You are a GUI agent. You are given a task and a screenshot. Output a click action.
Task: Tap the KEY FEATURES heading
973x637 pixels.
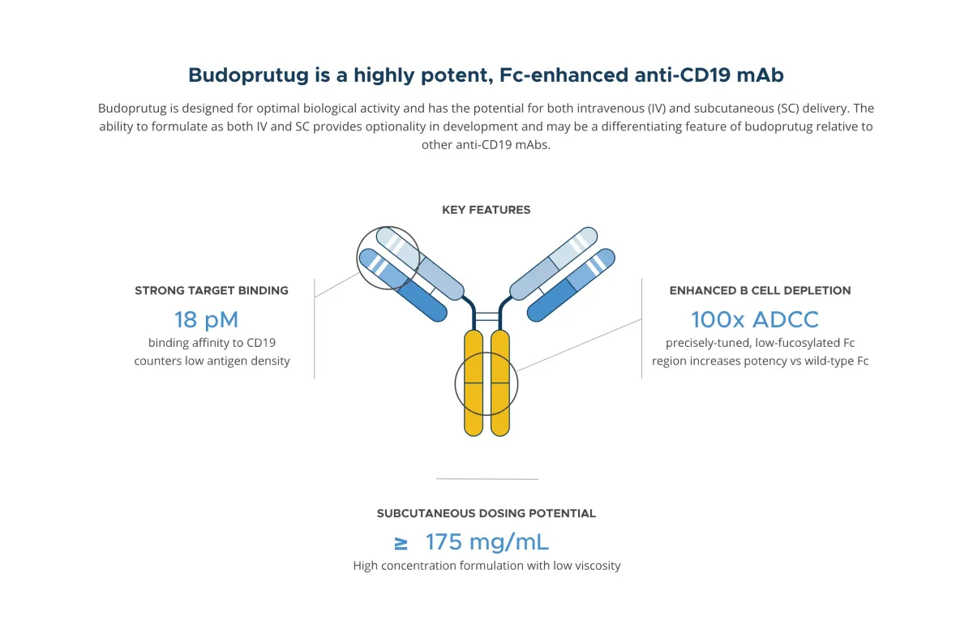pyautogui.click(x=486, y=210)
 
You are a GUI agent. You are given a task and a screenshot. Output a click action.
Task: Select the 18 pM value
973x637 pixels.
pyautogui.click(x=206, y=318)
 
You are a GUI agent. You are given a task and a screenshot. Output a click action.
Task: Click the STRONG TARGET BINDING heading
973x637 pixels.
pyautogui.click(x=212, y=290)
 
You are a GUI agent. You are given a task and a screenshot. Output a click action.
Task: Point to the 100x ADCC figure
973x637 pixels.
pyautogui.click(x=755, y=318)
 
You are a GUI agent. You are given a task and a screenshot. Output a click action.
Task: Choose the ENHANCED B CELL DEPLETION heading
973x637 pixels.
pyautogui.click(x=760, y=290)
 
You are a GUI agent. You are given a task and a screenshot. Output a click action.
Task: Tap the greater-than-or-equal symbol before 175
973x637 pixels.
pyautogui.click(x=401, y=543)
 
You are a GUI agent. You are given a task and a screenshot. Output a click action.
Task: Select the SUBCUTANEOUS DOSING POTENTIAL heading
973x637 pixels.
pyautogui.click(x=486, y=513)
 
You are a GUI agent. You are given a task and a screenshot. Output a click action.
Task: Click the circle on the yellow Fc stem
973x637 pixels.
pyautogui.click(x=486, y=382)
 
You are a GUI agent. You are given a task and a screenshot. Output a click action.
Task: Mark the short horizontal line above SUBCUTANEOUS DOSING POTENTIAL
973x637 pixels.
pyautogui.click(x=486, y=479)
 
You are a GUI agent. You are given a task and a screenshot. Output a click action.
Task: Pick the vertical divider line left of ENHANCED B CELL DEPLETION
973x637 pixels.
pyautogui.click(x=641, y=328)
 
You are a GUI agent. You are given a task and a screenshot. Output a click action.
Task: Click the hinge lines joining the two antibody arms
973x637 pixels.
pyautogui.click(x=486, y=317)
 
